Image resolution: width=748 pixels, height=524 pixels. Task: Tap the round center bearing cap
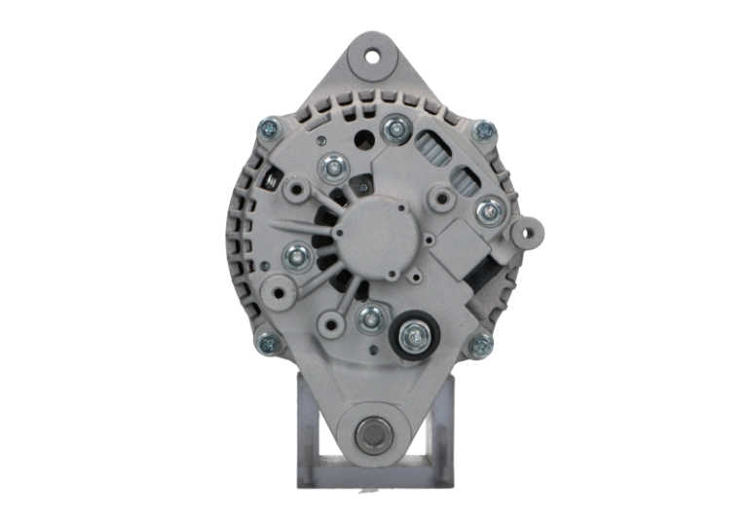[374, 236]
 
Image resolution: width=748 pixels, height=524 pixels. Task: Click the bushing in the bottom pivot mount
[374, 433]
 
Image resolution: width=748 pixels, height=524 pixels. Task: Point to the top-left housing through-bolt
[267, 129]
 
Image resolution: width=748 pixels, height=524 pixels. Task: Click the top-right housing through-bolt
[481, 130]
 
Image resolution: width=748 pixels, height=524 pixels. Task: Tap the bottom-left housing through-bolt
[266, 342]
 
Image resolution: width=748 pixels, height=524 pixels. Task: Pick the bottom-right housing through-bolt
[481, 344]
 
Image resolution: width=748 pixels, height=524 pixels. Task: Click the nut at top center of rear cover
[394, 128]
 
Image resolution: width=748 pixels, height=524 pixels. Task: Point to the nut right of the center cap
[489, 209]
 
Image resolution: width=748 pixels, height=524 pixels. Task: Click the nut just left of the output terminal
[369, 318]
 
